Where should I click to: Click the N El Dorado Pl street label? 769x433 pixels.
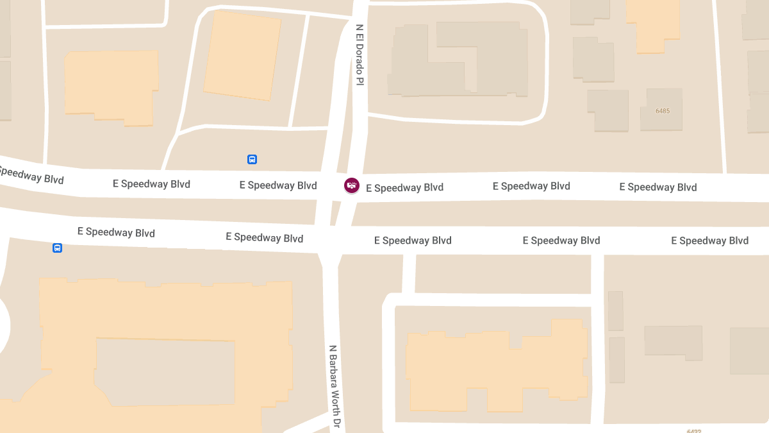click(360, 55)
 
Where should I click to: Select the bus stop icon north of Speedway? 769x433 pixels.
click(252, 159)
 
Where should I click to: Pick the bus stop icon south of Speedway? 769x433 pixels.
click(57, 248)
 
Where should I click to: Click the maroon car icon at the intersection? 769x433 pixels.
click(351, 186)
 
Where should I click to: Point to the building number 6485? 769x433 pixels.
click(663, 111)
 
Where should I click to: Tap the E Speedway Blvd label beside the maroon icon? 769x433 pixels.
click(404, 188)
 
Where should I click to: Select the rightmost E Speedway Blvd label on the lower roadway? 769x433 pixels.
click(709, 241)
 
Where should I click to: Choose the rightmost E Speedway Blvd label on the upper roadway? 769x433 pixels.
click(657, 187)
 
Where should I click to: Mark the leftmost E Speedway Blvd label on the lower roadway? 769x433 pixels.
click(116, 232)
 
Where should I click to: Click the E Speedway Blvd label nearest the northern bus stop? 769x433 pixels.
click(278, 185)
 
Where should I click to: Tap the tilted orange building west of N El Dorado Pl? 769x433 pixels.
click(242, 56)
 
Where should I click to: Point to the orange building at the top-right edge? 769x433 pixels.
click(652, 24)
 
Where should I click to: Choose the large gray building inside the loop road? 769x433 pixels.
click(458, 61)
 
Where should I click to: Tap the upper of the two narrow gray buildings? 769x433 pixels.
click(615, 311)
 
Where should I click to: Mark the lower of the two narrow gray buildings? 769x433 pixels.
click(616, 360)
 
